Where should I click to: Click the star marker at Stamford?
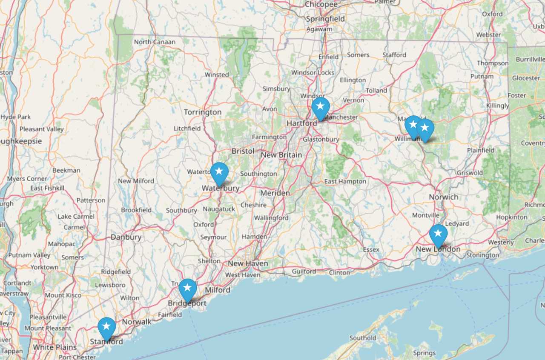[106, 327]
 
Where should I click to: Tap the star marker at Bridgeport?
[187, 288]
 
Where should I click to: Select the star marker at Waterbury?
[219, 172]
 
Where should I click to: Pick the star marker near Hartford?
[321, 106]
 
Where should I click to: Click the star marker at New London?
[438, 234]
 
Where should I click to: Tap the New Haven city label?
[248, 263]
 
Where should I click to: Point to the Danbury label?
[126, 237]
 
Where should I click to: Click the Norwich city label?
[444, 197]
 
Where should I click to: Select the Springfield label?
[326, 19]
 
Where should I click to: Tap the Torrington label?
[203, 112]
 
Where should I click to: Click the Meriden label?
[275, 193]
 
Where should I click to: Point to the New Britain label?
[281, 155]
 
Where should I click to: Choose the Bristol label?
[243, 151]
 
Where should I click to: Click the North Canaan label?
[155, 42]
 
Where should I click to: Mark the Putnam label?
[482, 77]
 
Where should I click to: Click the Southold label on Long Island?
[363, 338]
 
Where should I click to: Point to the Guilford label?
[304, 271]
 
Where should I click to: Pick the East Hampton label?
[345, 181]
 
